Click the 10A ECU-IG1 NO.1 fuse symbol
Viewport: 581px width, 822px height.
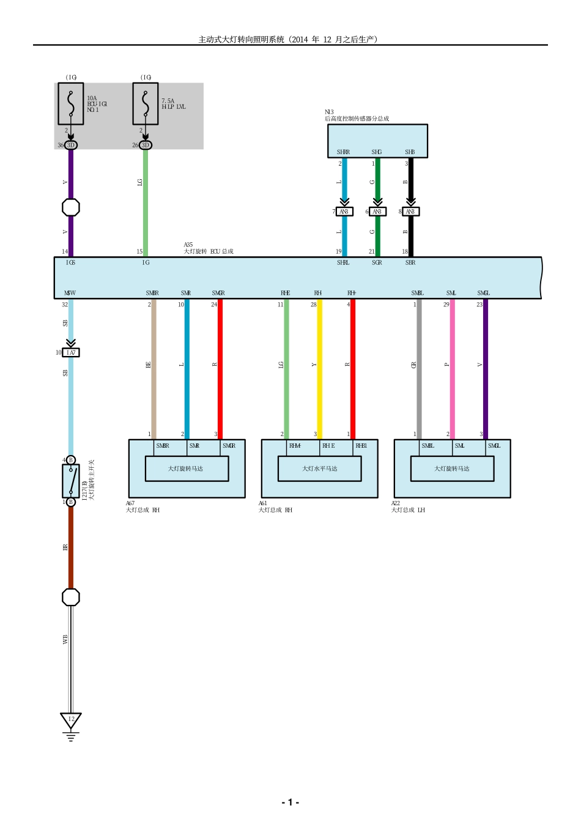[71, 104]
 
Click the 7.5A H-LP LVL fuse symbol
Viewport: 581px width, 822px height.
[146, 104]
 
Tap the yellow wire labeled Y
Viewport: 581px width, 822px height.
[319, 367]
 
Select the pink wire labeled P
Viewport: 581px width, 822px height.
[452, 367]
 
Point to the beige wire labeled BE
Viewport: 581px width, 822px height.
[154, 367]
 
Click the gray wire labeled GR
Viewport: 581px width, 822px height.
[419, 367]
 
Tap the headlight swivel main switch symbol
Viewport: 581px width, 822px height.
[71, 481]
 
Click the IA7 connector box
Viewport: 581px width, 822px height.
[71, 353]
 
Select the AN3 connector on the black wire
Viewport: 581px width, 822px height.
[410, 212]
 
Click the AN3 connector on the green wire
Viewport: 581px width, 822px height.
[377, 212]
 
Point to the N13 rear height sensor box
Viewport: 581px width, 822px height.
[377, 141]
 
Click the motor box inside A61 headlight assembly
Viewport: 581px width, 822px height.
[319, 469]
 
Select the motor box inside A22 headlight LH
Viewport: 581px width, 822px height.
[452, 469]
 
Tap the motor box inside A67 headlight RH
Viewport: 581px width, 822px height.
[187, 469]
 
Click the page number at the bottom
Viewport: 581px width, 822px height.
[290, 802]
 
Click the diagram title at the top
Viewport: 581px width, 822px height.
[290, 39]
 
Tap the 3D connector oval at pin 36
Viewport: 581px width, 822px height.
[71, 145]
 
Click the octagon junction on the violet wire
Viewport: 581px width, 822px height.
[71, 207]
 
